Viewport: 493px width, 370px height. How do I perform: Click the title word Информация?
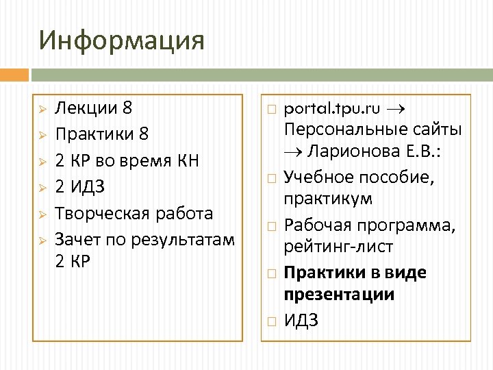[x=122, y=40]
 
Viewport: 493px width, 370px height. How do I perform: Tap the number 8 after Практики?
[x=142, y=132]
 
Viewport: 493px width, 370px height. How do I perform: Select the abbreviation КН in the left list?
[x=186, y=161]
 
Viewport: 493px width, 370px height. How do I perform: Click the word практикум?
[x=328, y=199]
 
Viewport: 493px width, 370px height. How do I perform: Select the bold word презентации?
[x=339, y=295]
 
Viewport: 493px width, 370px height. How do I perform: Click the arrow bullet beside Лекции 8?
[x=42, y=109]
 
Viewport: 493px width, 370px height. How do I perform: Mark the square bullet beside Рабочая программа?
[x=270, y=225]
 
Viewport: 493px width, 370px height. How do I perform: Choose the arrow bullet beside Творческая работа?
[x=42, y=214]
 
